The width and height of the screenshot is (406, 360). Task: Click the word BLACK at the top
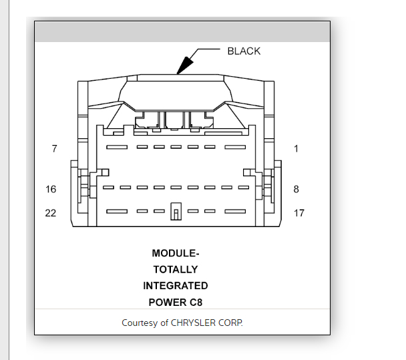tap(244, 51)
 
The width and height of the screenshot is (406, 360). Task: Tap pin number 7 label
tap(54, 148)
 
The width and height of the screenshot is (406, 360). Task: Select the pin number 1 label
tap(296, 148)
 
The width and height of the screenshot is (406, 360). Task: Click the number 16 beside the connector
tap(51, 189)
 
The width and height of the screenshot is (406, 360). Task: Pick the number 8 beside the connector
tap(296, 189)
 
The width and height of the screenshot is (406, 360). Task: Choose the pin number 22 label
tap(51, 213)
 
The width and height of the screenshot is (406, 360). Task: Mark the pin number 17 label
tap(299, 213)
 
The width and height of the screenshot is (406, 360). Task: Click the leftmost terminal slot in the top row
tap(118, 147)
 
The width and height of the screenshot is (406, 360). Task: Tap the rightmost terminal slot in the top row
tap(235, 147)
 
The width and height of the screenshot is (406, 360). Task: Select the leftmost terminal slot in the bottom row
tap(118, 212)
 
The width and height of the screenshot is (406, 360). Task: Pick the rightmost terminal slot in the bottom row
tap(235, 212)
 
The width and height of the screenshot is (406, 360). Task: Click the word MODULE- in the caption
tap(176, 253)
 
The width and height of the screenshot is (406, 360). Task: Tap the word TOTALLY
tap(176, 269)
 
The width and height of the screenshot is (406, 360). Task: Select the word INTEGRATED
tap(176, 286)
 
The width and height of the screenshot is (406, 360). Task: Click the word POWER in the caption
tap(167, 302)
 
